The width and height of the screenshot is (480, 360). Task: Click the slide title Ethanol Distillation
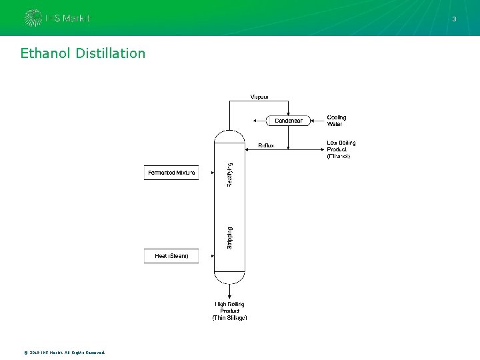tap(83, 53)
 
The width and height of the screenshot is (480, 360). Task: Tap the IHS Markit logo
tap(57, 18)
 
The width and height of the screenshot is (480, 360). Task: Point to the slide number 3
tap(455, 19)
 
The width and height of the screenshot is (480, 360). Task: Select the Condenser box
tap(288, 121)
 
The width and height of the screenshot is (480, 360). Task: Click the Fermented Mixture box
tap(171, 173)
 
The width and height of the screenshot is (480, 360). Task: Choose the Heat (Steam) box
tap(171, 256)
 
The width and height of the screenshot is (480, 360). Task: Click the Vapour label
tap(260, 97)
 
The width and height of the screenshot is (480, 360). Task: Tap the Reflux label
tap(266, 145)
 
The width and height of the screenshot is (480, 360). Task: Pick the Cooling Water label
tap(337, 121)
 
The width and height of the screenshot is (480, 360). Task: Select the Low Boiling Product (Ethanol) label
tap(341, 149)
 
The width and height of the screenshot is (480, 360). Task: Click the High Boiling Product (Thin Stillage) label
tap(229, 311)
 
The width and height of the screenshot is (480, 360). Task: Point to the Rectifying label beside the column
tap(230, 175)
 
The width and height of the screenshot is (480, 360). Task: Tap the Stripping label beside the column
tap(230, 239)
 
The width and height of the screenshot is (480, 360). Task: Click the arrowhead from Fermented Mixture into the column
tap(211, 173)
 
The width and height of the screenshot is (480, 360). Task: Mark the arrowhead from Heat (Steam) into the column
tap(211, 256)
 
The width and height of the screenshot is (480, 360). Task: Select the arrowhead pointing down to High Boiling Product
tap(229, 297)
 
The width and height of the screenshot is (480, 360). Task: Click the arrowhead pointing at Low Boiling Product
tap(321, 149)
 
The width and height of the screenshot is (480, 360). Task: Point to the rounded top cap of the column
tap(229, 135)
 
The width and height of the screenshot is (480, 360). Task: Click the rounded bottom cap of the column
tap(229, 277)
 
